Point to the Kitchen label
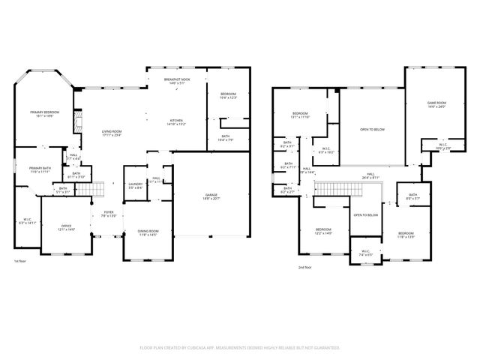coord(176,120)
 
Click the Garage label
coord(211,196)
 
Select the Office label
coord(66,227)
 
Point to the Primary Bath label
coord(40,169)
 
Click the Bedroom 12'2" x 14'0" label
coord(323,231)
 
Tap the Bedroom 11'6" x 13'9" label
coord(406,235)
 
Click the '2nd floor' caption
coord(304,268)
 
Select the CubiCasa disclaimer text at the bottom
coord(240,347)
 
